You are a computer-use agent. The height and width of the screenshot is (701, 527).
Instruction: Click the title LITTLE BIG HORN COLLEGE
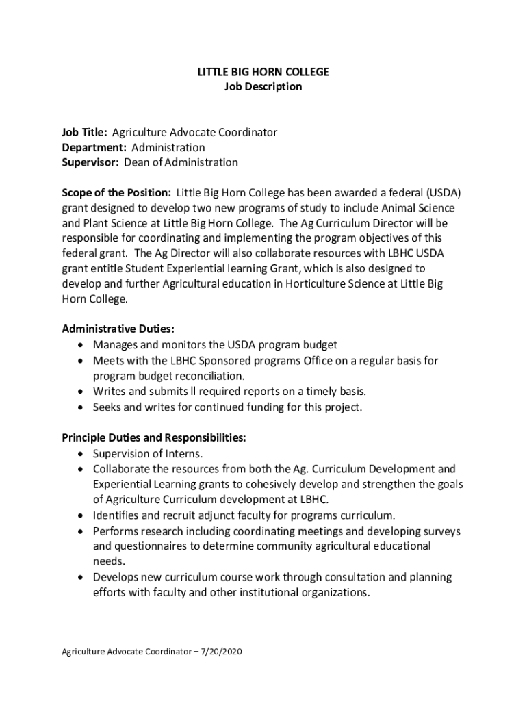pyautogui.click(x=263, y=72)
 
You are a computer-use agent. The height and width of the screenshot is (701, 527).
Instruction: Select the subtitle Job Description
pyautogui.click(x=263, y=87)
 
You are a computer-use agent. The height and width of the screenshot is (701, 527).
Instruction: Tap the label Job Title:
pyautogui.click(x=85, y=132)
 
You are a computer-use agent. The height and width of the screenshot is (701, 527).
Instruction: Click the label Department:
pyautogui.click(x=94, y=147)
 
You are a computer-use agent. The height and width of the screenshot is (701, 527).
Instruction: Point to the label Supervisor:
pyautogui.click(x=91, y=162)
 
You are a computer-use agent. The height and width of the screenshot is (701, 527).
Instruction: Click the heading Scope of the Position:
pyautogui.click(x=116, y=192)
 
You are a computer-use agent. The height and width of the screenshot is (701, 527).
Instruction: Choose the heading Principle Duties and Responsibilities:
pyautogui.click(x=154, y=437)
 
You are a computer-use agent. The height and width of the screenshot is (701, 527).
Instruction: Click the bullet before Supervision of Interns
pyautogui.click(x=81, y=454)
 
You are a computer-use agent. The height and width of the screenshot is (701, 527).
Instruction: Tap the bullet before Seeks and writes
pyautogui.click(x=81, y=407)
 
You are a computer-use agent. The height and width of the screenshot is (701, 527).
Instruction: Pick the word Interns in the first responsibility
pyautogui.click(x=184, y=454)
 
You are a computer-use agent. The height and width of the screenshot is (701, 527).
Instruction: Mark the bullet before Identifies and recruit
pyautogui.click(x=81, y=515)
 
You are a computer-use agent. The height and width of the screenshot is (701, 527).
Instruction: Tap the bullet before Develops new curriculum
pyautogui.click(x=81, y=577)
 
